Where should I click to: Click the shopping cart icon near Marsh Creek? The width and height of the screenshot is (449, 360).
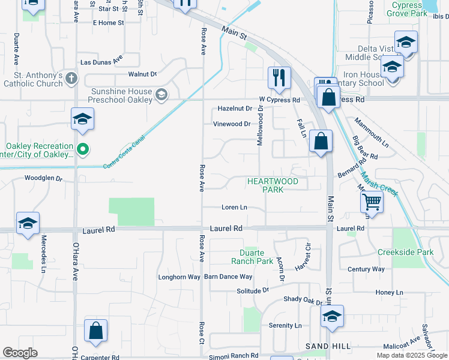coord(372,202)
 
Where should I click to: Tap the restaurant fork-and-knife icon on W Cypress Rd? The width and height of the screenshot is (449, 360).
coord(279,77)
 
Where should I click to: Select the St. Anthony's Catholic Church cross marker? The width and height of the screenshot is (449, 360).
coord(71,78)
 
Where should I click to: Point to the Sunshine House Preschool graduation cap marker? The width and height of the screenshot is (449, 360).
coord(161,95)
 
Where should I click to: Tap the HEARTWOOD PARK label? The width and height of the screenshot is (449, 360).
coord(273,185)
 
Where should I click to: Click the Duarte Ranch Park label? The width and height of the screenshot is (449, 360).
coord(252,257)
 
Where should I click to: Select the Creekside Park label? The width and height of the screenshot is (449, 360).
coord(405,252)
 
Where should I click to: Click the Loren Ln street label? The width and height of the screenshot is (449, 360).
coord(234,208)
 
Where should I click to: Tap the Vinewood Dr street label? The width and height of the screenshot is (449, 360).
coord(232,124)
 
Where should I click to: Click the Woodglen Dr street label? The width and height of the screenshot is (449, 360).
coord(43,178)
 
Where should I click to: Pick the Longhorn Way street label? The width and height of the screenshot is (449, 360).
coord(179,277)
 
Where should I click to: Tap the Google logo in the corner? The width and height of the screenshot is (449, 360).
coord(20,353)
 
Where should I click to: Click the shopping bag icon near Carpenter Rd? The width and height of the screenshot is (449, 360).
coord(96,331)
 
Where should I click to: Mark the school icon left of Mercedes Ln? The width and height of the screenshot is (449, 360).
coord(28,224)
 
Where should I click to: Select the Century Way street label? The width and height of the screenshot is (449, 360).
coord(366,269)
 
